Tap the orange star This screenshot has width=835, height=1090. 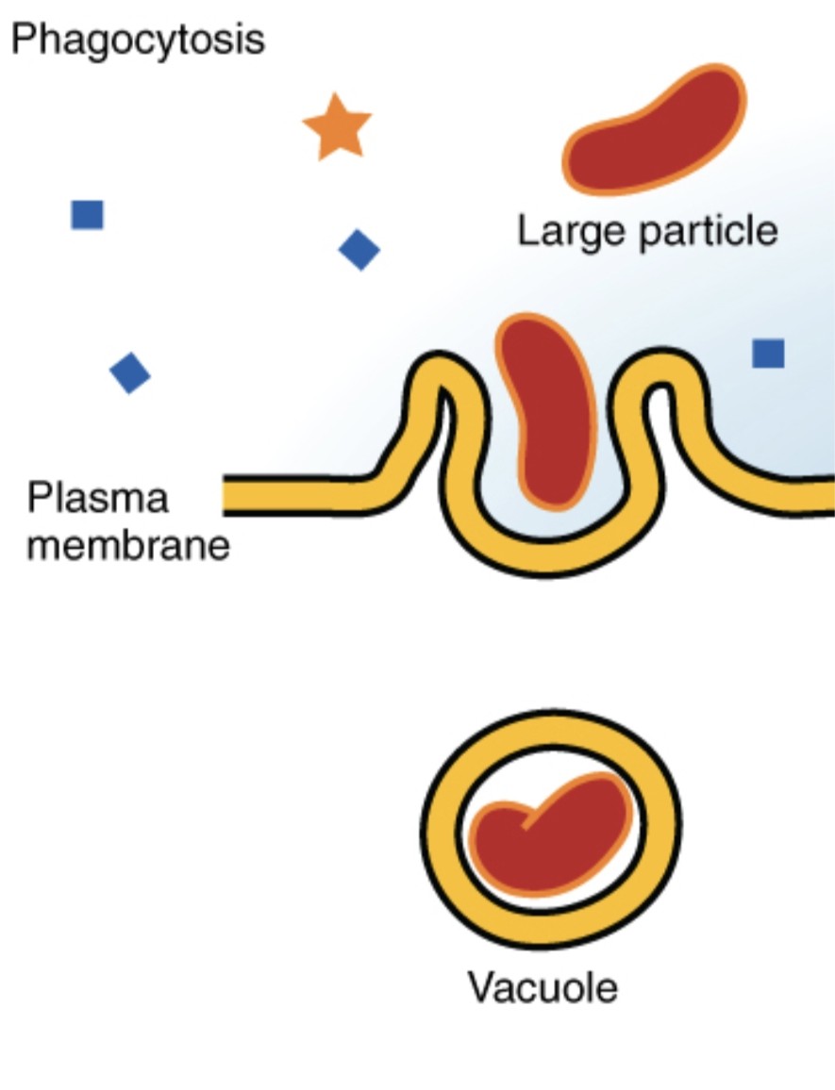point(337,128)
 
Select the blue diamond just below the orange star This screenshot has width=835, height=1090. point(359,250)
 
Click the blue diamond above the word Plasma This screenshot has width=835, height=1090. point(130,373)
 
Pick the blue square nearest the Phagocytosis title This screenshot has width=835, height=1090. point(88,215)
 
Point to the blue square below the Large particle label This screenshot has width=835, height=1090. point(768,354)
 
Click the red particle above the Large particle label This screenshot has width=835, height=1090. point(654,131)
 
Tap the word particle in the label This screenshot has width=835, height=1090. point(709,232)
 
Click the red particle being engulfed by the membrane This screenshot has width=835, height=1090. point(548,411)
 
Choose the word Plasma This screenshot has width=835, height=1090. point(97,499)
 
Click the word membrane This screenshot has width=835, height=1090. point(128,546)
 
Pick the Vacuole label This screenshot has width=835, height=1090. point(543,987)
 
